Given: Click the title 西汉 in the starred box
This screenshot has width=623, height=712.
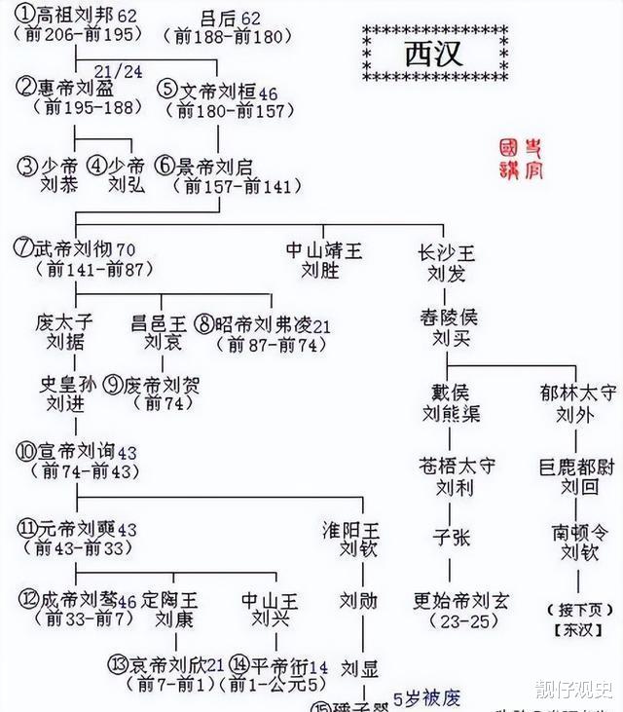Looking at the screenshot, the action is click(x=433, y=53).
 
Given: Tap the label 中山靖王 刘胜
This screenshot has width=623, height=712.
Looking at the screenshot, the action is click(x=324, y=260).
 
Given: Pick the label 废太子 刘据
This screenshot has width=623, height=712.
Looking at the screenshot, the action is click(x=65, y=331).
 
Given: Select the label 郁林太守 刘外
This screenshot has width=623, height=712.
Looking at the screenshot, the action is click(x=577, y=403).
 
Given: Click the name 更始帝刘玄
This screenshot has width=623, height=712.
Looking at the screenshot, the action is click(x=460, y=600).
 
